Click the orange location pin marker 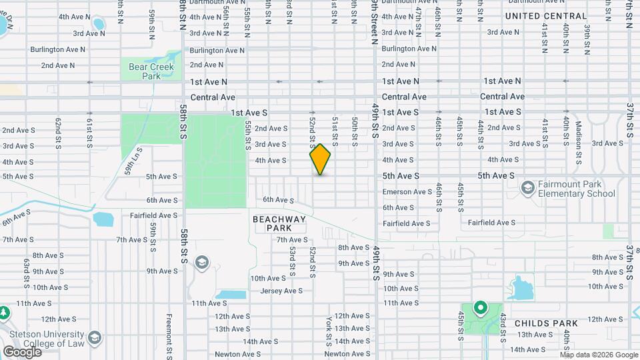click(x=320, y=159)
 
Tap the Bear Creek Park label click(x=151, y=71)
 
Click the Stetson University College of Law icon click(x=94, y=338)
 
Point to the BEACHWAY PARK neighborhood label click(x=279, y=223)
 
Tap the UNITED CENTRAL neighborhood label click(x=546, y=16)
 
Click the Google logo click(x=22, y=351)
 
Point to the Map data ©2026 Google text click(x=598, y=355)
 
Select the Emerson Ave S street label click(x=407, y=192)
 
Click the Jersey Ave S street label click(x=281, y=291)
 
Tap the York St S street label click(x=329, y=331)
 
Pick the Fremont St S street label click(x=169, y=333)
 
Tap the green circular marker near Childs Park click(x=479, y=308)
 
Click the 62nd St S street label click(x=59, y=131)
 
